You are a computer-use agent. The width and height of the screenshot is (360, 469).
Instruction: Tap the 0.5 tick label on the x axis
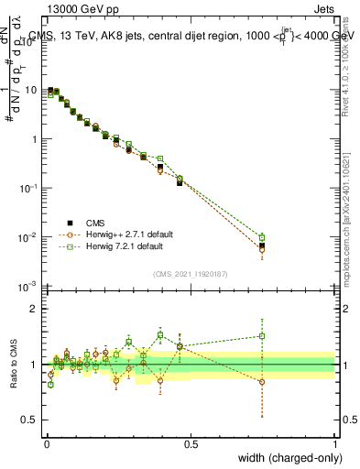coord(191,443)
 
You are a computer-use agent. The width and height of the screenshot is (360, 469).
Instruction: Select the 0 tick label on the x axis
coord(47,443)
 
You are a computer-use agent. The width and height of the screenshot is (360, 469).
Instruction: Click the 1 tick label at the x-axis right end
coord(335,443)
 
